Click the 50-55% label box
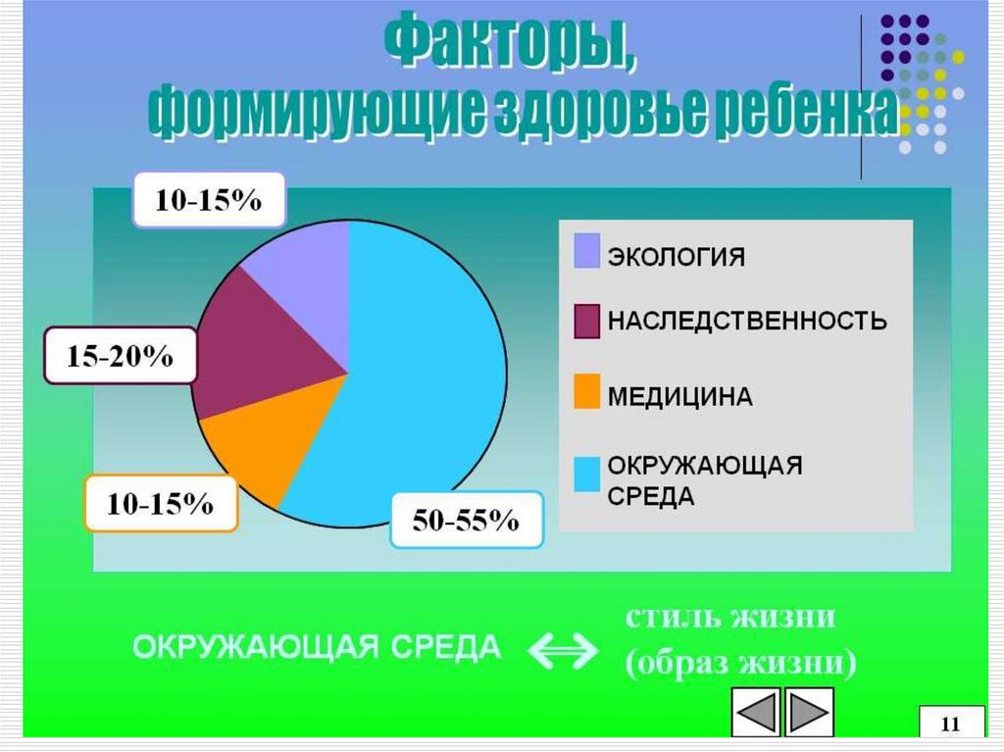pos(466,520)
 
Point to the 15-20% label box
pos(120,356)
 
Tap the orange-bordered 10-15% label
pos(161,504)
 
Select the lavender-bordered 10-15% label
pos(209,200)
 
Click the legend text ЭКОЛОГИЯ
pos(677,258)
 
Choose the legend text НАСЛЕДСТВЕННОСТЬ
pos(747,321)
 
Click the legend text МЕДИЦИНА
pos(680,397)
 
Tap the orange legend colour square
pos(586,392)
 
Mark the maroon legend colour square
pos(586,320)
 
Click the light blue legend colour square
pos(586,475)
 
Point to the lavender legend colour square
pos(586,250)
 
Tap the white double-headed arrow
pos(563,648)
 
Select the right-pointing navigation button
pos(810,713)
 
